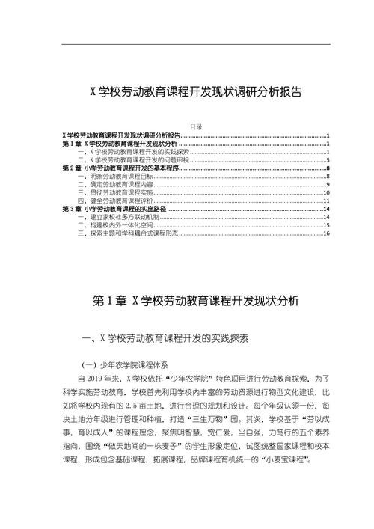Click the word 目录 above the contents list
197,128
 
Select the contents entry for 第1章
120,144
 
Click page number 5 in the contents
328,160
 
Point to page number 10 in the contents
326,192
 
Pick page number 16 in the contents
326,234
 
